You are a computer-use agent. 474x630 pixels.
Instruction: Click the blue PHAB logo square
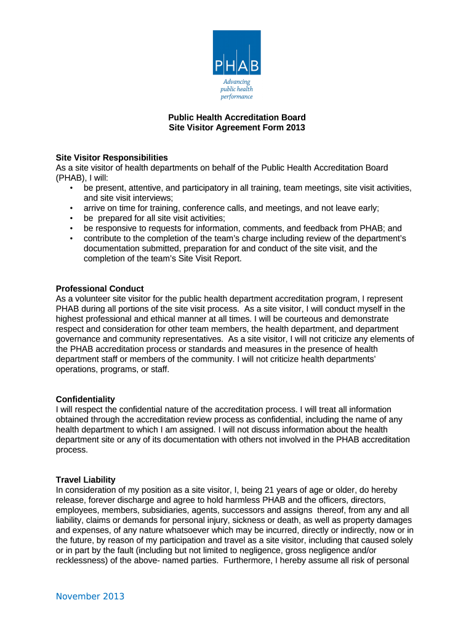[237, 53]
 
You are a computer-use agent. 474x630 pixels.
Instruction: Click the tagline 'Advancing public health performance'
[237, 89]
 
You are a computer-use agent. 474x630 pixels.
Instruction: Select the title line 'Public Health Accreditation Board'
[237, 118]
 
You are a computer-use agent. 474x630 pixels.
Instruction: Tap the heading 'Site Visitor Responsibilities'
[111, 157]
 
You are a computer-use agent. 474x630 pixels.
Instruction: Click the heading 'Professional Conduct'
[100, 289]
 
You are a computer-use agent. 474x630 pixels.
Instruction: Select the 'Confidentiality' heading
[85, 399]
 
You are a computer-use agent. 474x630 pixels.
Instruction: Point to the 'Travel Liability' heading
[86, 480]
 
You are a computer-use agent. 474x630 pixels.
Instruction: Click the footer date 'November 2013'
[90, 596]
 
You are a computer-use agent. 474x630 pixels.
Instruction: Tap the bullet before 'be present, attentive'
[72, 188]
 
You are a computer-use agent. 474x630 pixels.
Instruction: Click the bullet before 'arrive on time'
[72, 208]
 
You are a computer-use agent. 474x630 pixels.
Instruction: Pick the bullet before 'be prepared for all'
[72, 218]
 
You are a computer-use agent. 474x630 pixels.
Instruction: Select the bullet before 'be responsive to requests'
[72, 228]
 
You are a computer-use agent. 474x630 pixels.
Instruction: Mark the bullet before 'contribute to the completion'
[72, 238]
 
